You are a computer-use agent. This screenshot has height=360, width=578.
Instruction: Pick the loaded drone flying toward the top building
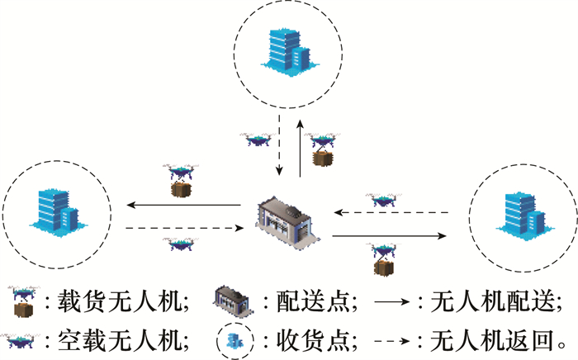(323, 148)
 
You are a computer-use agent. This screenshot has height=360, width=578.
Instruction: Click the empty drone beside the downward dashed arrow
(258, 139)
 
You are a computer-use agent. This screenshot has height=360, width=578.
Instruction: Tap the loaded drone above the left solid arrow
(180, 180)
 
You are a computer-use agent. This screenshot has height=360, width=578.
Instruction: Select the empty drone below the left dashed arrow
(180, 244)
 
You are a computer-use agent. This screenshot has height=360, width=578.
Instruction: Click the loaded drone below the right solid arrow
(382, 259)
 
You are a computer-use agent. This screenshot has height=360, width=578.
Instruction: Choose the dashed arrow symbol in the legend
(396, 340)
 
